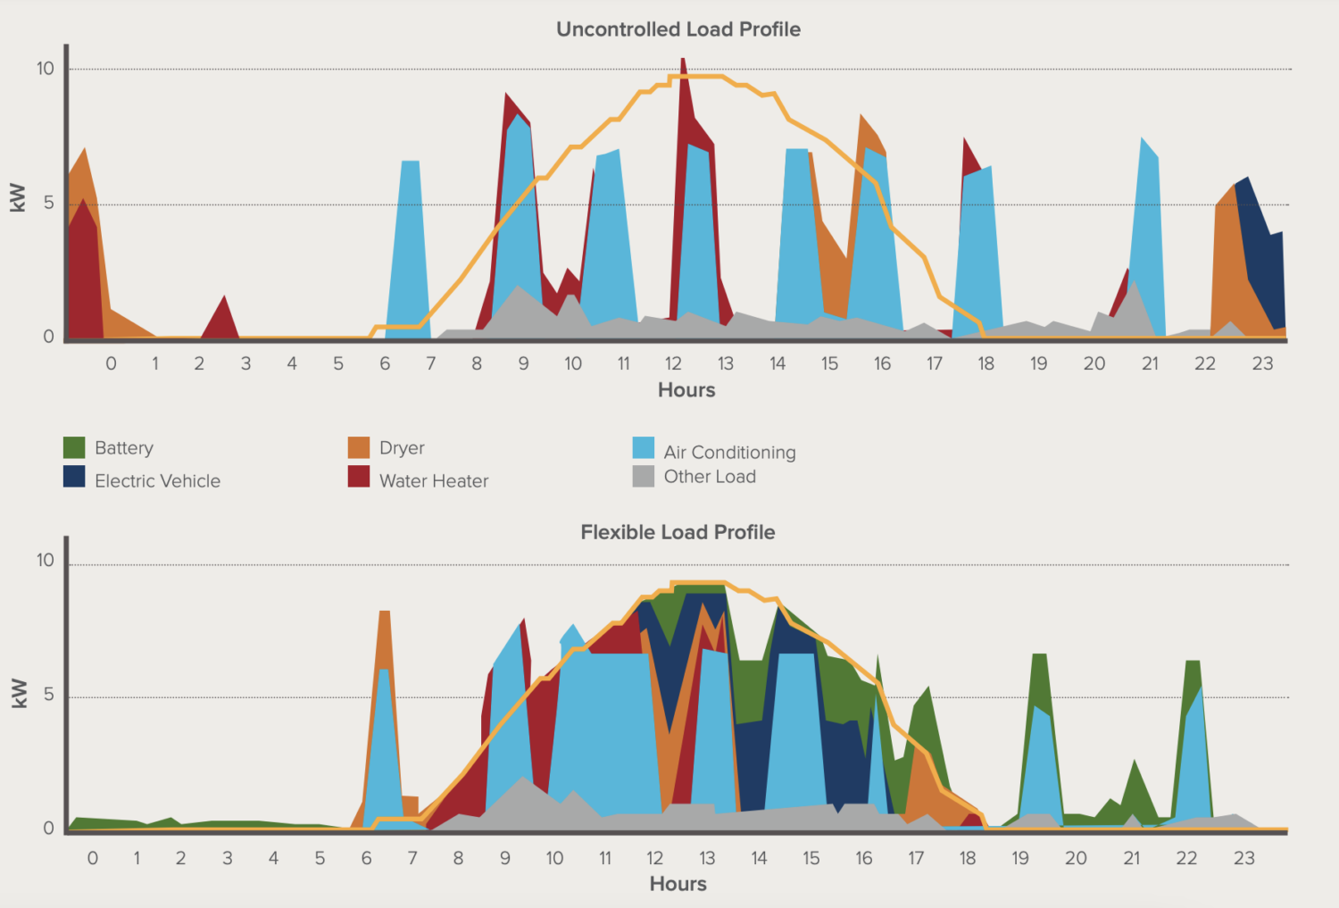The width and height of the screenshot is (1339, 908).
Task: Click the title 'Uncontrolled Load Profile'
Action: click(x=678, y=29)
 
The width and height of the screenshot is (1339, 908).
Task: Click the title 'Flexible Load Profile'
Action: click(x=678, y=532)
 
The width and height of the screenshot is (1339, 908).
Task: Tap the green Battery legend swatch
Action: click(x=74, y=447)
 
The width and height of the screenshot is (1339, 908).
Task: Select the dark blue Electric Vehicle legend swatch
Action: click(x=74, y=477)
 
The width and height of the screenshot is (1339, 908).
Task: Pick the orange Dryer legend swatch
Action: click(x=359, y=447)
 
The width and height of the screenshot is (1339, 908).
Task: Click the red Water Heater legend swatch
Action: click(x=359, y=477)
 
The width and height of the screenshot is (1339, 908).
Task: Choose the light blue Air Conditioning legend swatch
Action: click(x=643, y=447)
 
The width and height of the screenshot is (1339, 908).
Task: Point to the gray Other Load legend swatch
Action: click(x=643, y=476)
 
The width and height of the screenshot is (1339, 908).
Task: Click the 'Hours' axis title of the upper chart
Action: click(x=686, y=390)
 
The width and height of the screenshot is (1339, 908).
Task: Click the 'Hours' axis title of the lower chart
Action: click(x=678, y=884)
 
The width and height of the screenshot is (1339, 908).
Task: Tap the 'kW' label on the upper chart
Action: click(x=17, y=197)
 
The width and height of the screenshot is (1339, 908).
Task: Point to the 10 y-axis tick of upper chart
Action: click(x=45, y=69)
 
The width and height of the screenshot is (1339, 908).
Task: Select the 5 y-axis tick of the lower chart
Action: click(x=48, y=695)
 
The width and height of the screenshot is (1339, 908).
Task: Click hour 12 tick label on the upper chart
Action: click(x=673, y=363)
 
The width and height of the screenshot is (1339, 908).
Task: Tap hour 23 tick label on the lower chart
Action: click(x=1243, y=858)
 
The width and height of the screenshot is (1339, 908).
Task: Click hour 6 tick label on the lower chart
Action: click(x=366, y=858)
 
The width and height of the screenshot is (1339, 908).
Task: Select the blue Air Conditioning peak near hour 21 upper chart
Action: click(x=1147, y=232)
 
